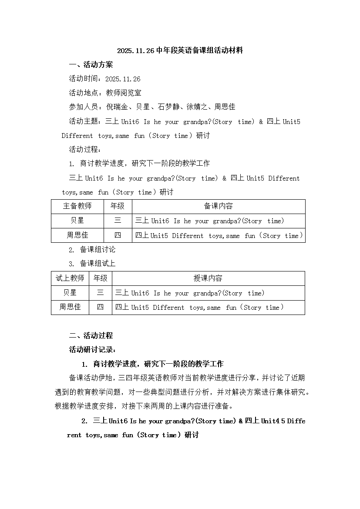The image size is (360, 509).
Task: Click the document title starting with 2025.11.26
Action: (180, 50)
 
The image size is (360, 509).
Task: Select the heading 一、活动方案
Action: (91, 65)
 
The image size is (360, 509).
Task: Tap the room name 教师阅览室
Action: (124, 93)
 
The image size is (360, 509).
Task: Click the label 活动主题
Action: (85, 121)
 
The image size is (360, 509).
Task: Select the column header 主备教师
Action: (77, 206)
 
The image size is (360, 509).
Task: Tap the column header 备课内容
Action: (218, 206)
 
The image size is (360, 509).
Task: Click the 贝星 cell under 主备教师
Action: (77, 221)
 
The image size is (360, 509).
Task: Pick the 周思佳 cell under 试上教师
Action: (70, 307)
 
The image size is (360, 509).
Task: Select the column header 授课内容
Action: (208, 278)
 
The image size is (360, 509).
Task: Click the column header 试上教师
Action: (70, 278)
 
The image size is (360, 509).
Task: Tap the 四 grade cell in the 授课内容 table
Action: (101, 307)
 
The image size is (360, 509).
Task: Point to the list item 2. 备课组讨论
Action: (92, 250)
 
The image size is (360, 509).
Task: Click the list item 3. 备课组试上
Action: (92, 264)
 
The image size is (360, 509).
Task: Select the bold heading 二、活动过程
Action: (91, 335)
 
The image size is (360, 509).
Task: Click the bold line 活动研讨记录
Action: (93, 349)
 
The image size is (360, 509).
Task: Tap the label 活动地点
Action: (85, 93)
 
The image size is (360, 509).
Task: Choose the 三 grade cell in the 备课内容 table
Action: (118, 221)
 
